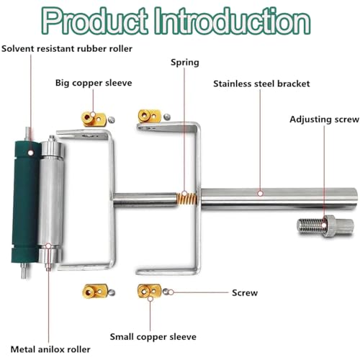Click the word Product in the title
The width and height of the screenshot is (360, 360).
[95, 21]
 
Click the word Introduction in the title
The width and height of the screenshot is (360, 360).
[232, 21]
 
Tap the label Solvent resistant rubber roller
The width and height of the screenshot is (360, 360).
[67, 49]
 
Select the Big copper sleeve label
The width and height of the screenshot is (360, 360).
[94, 83]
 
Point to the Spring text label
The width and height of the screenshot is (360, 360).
[185, 63]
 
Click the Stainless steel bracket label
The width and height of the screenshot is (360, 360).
[261, 84]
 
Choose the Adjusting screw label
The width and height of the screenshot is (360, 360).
[324, 120]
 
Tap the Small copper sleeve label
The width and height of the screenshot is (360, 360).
[153, 337]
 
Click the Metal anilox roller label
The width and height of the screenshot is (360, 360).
[50, 349]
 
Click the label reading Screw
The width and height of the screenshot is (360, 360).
[245, 293]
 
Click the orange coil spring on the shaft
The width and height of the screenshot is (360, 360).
[186, 199]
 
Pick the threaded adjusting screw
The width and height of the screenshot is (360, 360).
[325, 226]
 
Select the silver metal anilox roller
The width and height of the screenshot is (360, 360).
[51, 203]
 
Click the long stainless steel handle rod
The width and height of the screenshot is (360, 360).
[279, 199]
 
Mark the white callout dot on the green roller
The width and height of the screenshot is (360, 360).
[30, 153]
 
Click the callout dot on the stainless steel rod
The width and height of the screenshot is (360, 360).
[261, 193]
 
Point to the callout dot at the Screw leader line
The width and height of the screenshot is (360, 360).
[171, 292]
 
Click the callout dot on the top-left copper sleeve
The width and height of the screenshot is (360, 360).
[93, 114]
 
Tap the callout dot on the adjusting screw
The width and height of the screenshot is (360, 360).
[324, 225]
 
